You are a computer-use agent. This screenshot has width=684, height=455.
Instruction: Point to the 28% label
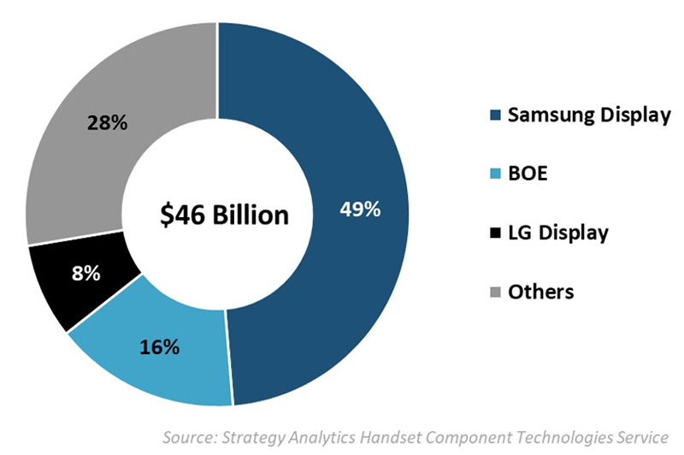[107, 122]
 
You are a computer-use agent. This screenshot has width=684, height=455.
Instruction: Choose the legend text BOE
[528, 174]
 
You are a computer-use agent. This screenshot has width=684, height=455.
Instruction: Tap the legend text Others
[540, 292]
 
